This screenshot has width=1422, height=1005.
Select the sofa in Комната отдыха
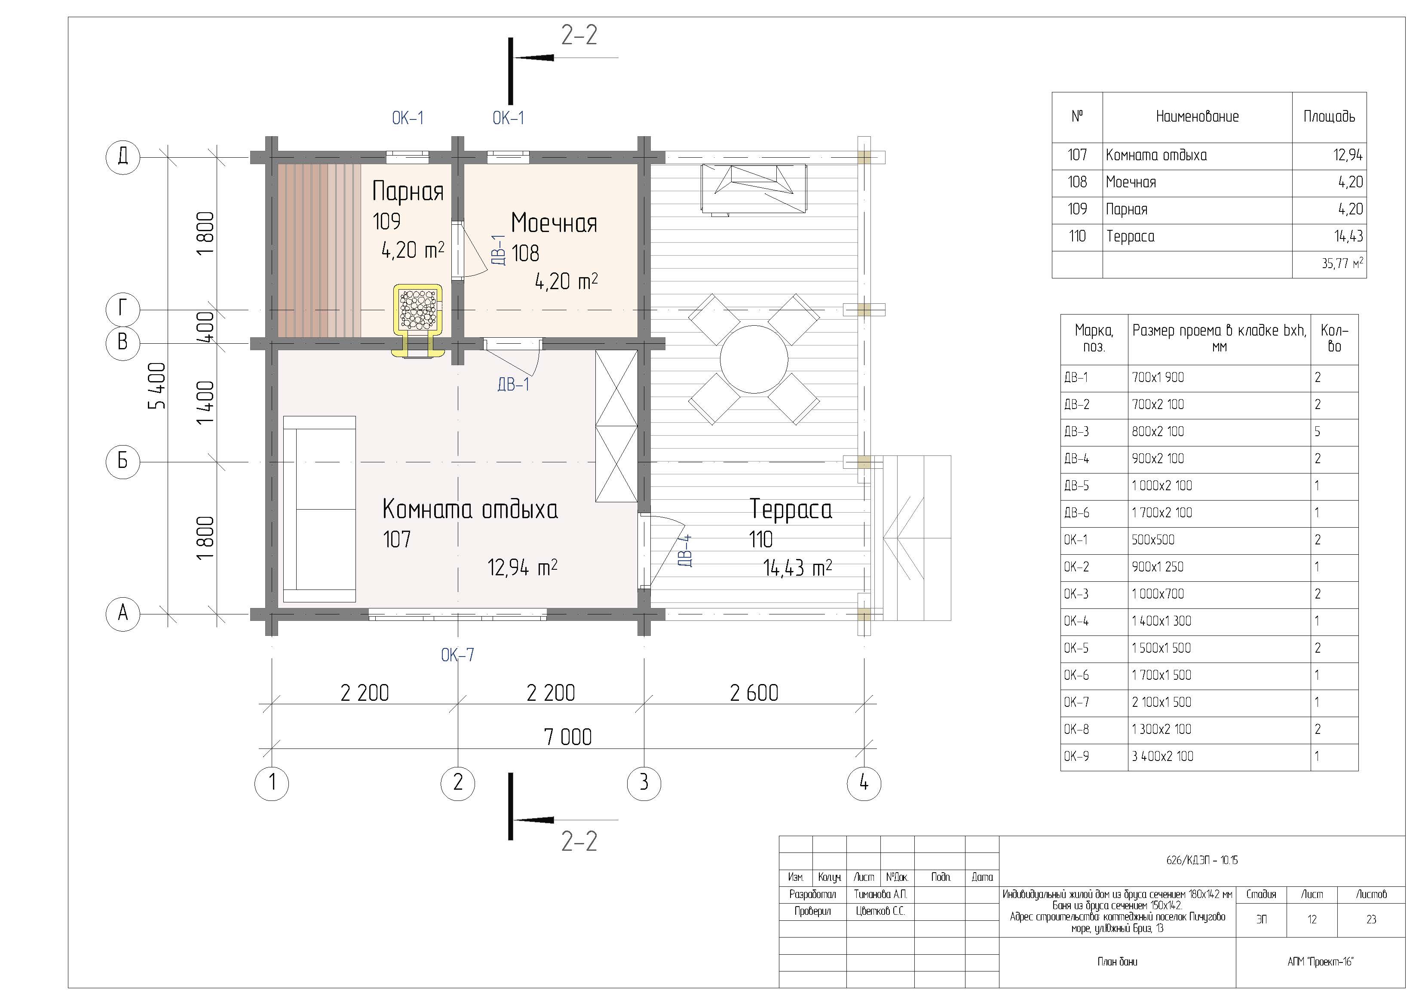pos(319,509)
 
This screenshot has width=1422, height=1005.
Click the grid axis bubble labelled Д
pos(123,157)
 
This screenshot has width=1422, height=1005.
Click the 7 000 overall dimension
pos(568,737)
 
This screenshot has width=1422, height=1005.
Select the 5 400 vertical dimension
pos(157,386)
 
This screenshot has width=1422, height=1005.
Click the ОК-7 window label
pos(458,654)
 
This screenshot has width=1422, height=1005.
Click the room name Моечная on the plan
pos(554,223)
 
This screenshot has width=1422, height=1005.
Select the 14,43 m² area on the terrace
pos(798,567)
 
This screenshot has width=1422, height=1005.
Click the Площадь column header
pos(1329,116)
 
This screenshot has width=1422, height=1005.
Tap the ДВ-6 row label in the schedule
pos(1076,513)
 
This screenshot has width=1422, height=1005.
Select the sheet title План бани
pos(1117,962)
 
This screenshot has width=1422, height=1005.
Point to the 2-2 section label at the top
pos(579,35)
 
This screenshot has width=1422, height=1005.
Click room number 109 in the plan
pos(386,221)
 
